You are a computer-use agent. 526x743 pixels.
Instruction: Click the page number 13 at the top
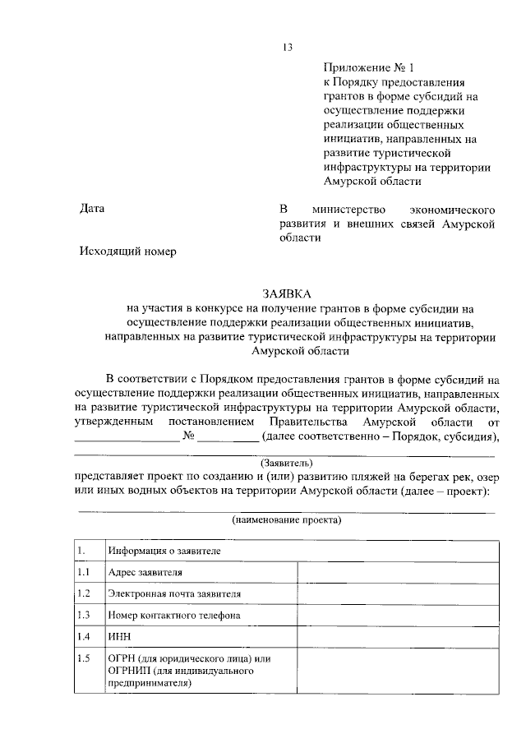click(288, 47)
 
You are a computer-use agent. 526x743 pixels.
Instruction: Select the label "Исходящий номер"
click(127, 252)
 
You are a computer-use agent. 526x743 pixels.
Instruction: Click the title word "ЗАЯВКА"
click(287, 293)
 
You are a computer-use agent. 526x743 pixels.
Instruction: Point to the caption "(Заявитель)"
click(286, 462)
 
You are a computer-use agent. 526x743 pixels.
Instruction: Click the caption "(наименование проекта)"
click(286, 520)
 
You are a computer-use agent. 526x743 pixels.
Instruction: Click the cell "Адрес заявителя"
click(145, 572)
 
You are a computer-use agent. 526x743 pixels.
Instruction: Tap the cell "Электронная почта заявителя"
click(174, 593)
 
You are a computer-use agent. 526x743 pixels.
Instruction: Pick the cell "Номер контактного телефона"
click(173, 615)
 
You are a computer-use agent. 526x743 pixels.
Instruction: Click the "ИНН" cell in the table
click(118, 637)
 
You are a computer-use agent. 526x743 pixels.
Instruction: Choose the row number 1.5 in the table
click(82, 658)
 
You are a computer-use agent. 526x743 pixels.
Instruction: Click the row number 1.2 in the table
click(82, 593)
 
